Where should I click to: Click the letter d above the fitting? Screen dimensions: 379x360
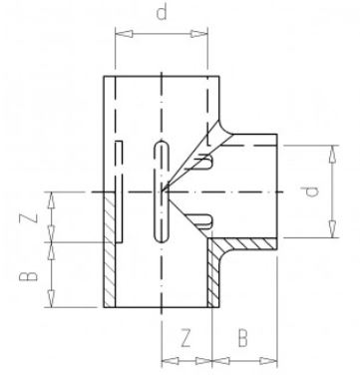click(162, 13)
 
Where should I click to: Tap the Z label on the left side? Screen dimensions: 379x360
click(36, 217)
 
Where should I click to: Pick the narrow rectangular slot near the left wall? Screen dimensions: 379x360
click(119, 189)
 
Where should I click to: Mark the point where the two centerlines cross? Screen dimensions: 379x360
click(160, 189)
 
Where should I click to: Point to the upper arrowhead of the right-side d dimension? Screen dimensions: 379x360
click(331, 148)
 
